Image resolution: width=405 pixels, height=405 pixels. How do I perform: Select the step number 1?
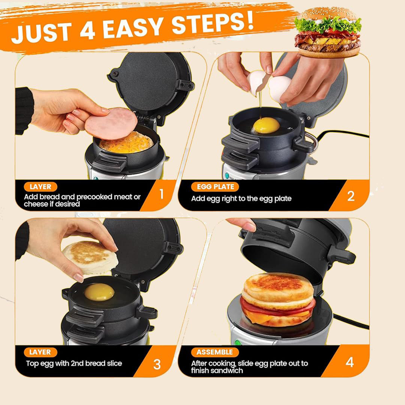[x=162, y=194]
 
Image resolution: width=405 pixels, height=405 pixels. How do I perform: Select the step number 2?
[x=351, y=196]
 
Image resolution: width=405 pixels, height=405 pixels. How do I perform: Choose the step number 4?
[x=349, y=362]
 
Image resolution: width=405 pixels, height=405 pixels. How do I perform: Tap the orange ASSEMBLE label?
[x=214, y=352]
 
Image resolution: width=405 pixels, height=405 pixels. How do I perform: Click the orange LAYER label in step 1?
[x=40, y=187]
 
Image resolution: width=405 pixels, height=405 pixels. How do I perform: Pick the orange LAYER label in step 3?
[x=40, y=352]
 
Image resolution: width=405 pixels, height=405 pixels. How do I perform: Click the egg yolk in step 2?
[x=266, y=125]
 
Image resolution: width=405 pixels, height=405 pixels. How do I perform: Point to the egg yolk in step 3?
[x=99, y=292]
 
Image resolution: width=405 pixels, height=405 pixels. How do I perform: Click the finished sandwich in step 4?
[x=278, y=300]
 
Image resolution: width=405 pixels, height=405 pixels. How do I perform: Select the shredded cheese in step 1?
[x=126, y=144]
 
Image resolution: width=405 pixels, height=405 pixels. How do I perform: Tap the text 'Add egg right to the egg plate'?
[x=241, y=199]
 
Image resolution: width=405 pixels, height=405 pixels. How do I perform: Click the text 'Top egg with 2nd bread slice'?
[x=74, y=363]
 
